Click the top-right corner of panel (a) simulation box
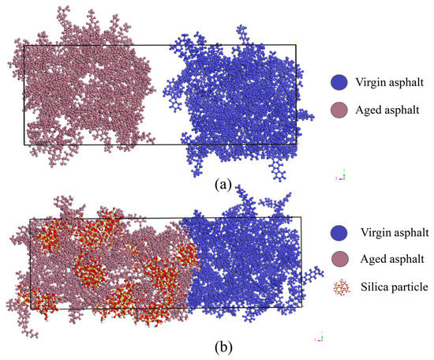pos(295,45)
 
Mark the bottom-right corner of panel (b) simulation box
pos(301,306)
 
